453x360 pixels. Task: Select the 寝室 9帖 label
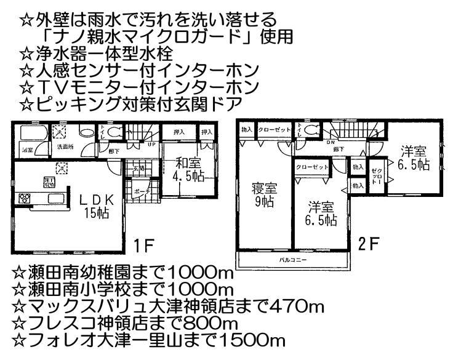[261, 193]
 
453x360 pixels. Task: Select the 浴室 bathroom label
[28, 150]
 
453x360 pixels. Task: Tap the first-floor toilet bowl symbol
[114, 132]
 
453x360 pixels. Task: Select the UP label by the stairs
[151, 145]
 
